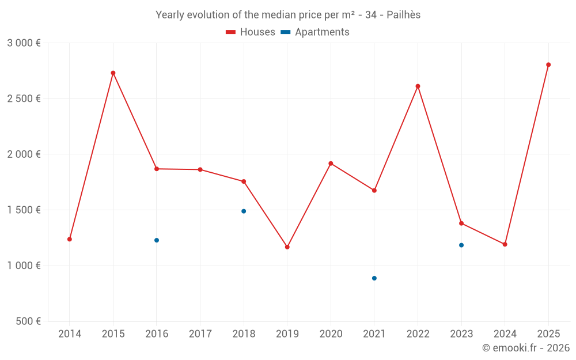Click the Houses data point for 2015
(x=113, y=73)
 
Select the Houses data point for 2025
(x=548, y=65)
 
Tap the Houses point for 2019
(x=287, y=247)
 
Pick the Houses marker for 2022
(x=418, y=86)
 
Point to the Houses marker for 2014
(x=70, y=239)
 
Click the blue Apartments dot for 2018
(x=244, y=211)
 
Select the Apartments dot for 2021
(x=374, y=278)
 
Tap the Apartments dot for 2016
(x=157, y=240)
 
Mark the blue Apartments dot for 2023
(x=461, y=245)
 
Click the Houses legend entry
(x=251, y=32)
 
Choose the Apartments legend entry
(x=315, y=32)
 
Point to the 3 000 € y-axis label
(x=24, y=43)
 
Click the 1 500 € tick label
(x=24, y=210)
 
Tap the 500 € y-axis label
(x=28, y=321)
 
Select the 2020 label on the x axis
(x=331, y=334)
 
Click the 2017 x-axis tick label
(x=200, y=334)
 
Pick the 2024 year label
(x=505, y=334)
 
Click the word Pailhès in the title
(x=403, y=15)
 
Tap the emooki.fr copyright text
(x=526, y=347)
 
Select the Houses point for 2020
(x=331, y=164)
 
